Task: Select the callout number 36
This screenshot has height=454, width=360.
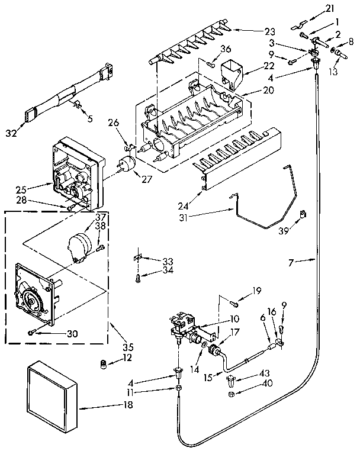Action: [x=225, y=49]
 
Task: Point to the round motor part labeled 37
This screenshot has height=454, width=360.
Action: [x=79, y=243]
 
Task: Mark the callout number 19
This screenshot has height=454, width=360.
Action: [x=256, y=291]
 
